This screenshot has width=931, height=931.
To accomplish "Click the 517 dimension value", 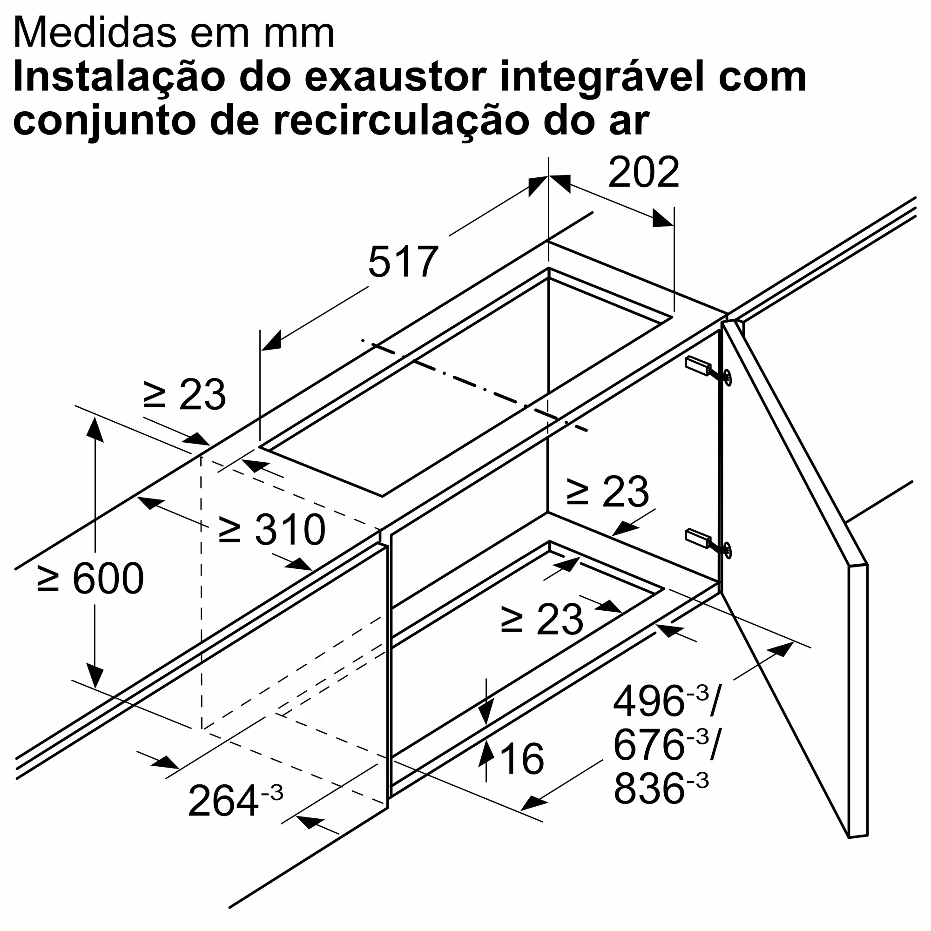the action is pyautogui.click(x=403, y=263).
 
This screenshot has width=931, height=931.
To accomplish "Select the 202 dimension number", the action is pyautogui.click(x=643, y=173).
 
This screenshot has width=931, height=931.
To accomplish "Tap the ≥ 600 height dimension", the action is pyautogui.click(x=91, y=578).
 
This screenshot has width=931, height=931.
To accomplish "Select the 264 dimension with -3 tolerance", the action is pyautogui.click(x=235, y=800).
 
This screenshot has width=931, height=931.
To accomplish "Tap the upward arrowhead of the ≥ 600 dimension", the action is pyautogui.click(x=95, y=429).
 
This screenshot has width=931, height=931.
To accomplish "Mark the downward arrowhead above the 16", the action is pyautogui.click(x=486, y=714).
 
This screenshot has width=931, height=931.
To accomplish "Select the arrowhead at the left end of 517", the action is pyautogui.click(x=271, y=341).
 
